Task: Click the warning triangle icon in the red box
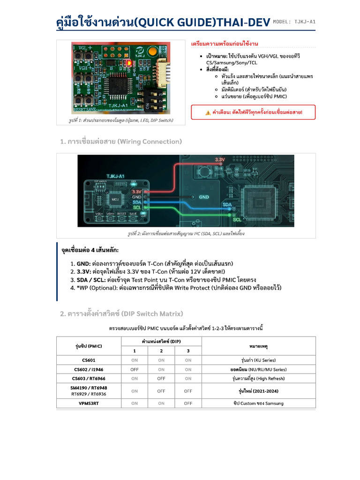pyautogui.click(x=208, y=112)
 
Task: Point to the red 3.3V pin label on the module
pyautogui.click(x=136, y=191)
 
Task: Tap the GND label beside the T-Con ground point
pyautogui.click(x=204, y=197)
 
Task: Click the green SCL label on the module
pyautogui.click(x=137, y=207)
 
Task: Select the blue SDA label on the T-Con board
pyautogui.click(x=227, y=205)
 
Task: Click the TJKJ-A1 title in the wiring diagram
pyautogui.click(x=115, y=176)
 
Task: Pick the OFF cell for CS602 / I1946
pyautogui.click(x=135, y=369)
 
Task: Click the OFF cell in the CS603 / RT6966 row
pyautogui.click(x=161, y=378)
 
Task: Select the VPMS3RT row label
pyautogui.click(x=89, y=403)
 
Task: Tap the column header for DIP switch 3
pyautogui.click(x=188, y=351)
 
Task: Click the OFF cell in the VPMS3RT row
pyautogui.click(x=188, y=403)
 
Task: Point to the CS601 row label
pyautogui.click(x=89, y=360)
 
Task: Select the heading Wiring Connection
pyautogui.click(x=120, y=142)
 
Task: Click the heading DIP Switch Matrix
pyautogui.click(x=121, y=314)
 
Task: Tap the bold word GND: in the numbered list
pyautogui.click(x=84, y=263)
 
